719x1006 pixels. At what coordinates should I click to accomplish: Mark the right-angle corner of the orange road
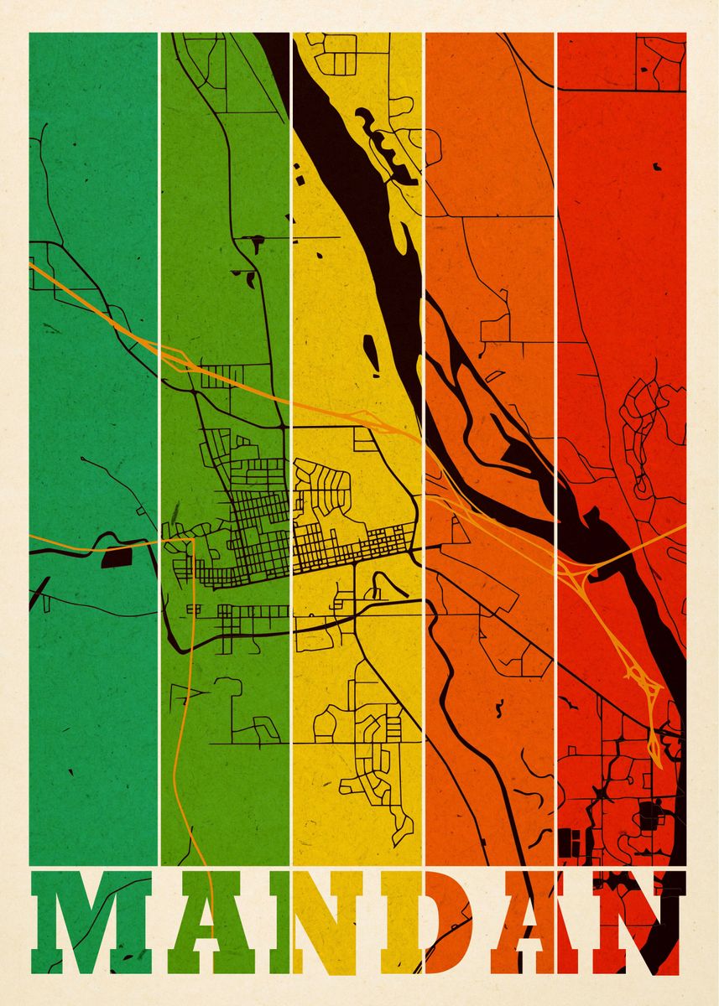[193, 540]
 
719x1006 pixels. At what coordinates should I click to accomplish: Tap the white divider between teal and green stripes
[159, 419]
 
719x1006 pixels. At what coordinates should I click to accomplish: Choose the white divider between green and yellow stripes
[290, 251]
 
